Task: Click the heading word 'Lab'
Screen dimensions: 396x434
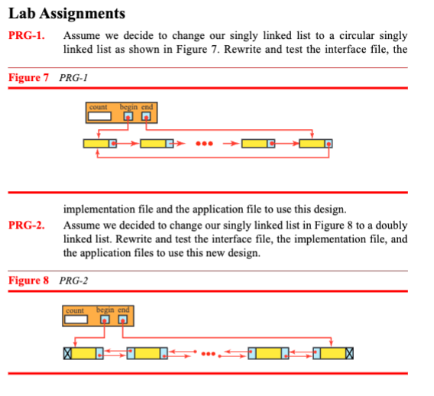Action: point(21,13)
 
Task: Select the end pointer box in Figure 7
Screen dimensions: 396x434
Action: point(144,116)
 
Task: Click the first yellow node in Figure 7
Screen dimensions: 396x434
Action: point(97,143)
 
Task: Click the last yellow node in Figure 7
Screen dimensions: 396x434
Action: point(313,143)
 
